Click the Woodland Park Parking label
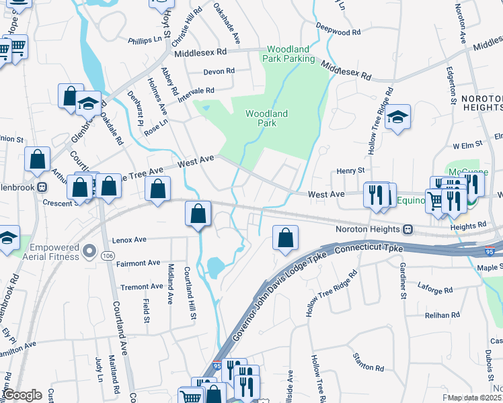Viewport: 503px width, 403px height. (291, 54)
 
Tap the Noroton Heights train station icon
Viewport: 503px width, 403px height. (408, 230)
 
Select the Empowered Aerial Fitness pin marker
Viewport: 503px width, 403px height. (89, 253)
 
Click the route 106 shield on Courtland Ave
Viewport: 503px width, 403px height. (108, 255)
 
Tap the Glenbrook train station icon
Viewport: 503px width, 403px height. (42, 186)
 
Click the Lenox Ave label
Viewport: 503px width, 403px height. (130, 239)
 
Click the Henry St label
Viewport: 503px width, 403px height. (350, 171)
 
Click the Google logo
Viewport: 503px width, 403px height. (22, 395)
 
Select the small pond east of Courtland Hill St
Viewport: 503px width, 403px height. (216, 268)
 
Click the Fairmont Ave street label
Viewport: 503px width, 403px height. (139, 263)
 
